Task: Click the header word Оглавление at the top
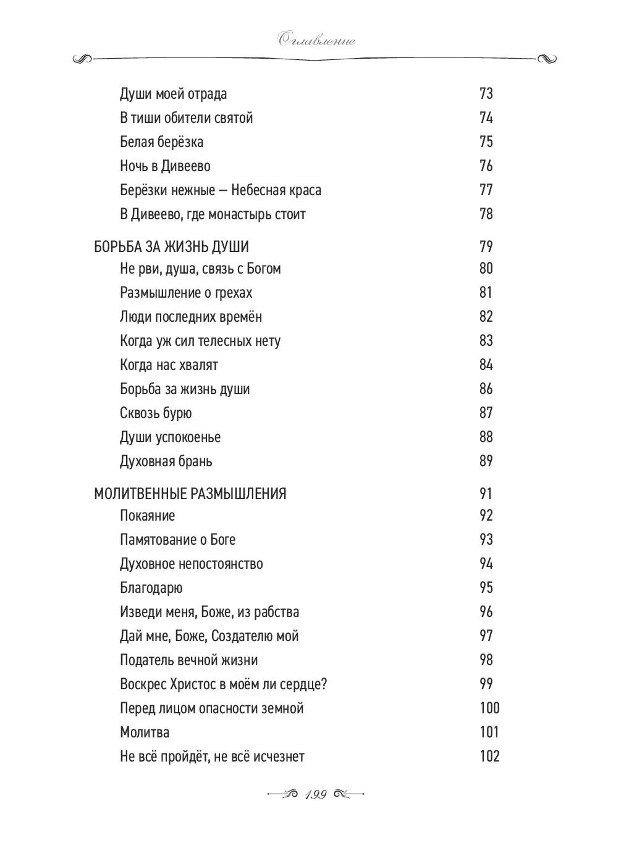coord(316,41)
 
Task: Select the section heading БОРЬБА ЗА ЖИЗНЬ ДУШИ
coord(171,246)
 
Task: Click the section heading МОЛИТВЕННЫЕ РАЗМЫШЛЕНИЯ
coord(190,493)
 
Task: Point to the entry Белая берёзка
coord(161,142)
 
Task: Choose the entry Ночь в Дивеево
coord(165,166)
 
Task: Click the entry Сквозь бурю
coord(156,413)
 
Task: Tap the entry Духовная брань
coord(166,461)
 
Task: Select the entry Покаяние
coord(147,516)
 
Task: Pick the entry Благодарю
coord(151,588)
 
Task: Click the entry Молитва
coord(145,732)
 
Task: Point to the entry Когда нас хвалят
coord(169,365)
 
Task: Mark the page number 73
coord(486,94)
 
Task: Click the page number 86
coord(486,389)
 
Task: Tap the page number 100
coord(489,708)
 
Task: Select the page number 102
coord(489,757)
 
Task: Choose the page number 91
coord(486,493)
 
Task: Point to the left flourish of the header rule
coord(82,59)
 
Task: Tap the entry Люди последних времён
coord(191,317)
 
